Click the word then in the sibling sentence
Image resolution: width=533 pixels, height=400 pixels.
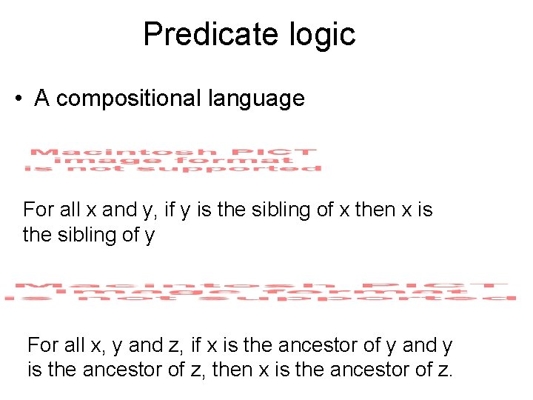tap(375, 210)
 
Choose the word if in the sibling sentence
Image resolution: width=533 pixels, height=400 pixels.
tap(170, 210)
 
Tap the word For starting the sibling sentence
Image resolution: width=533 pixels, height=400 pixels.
tap(38, 210)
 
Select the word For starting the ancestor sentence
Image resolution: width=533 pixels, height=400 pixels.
tap(42, 345)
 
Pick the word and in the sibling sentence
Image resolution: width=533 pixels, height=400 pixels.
tap(118, 210)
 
